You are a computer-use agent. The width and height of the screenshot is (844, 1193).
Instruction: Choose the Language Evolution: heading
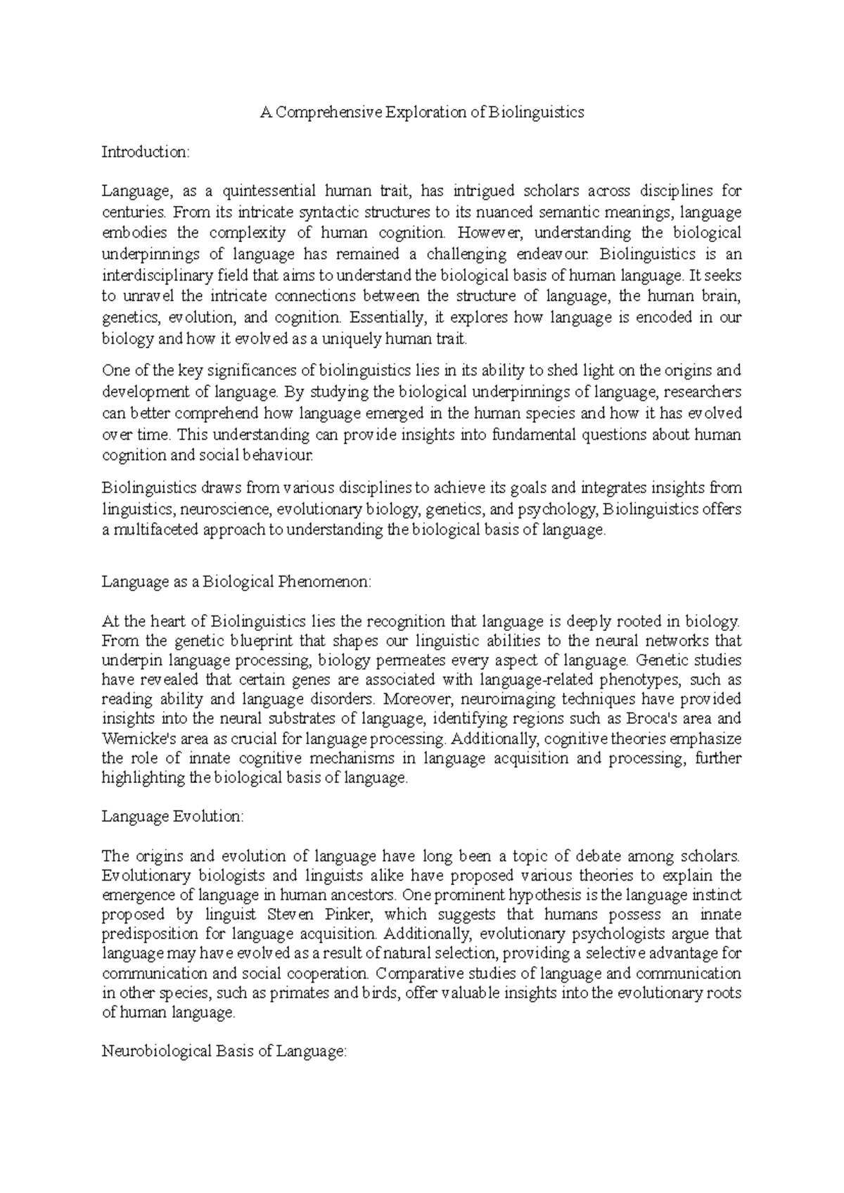173,817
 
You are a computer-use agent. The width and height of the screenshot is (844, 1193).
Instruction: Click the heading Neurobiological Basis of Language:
225,1052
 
